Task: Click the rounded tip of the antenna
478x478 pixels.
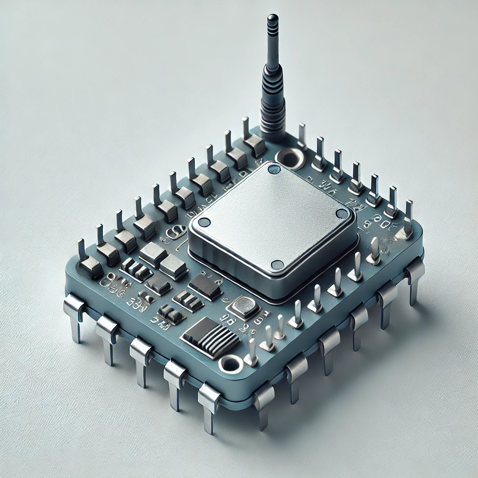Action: [x=272, y=19]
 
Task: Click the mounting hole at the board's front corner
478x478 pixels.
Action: [x=230, y=363]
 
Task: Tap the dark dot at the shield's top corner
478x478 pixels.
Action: [x=274, y=169]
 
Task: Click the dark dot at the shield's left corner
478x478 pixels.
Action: [x=204, y=223]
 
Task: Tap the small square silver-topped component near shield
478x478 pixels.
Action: [x=243, y=307]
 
